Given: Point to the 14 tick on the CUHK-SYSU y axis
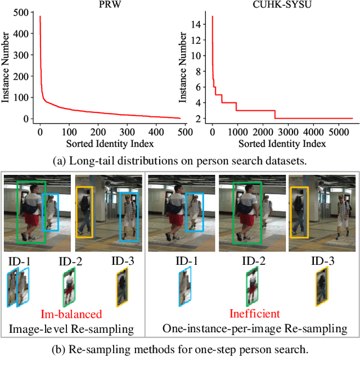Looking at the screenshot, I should (196, 24).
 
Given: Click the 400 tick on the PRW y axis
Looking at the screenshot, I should (22, 35).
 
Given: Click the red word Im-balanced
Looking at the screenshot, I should (71, 314).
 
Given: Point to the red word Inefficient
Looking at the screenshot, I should (254, 314).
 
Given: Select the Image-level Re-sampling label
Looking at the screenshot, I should (71, 328).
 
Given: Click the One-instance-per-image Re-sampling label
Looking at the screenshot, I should (254, 328).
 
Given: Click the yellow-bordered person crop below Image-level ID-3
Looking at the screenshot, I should (121, 287).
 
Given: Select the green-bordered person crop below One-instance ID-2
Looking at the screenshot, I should (253, 287).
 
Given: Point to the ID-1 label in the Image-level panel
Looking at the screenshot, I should (20, 261).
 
